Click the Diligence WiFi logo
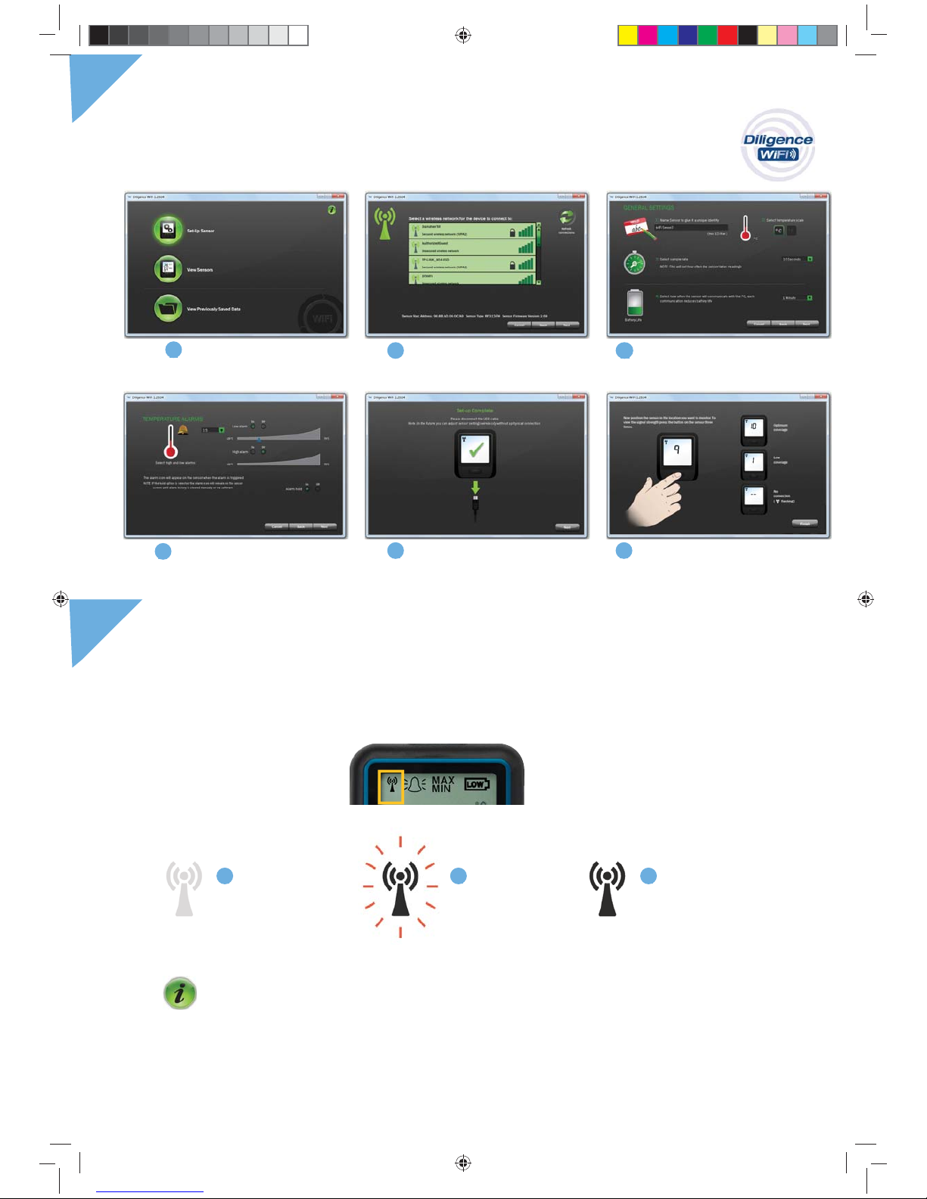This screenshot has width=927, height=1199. (x=777, y=145)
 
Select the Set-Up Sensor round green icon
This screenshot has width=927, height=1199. (x=168, y=230)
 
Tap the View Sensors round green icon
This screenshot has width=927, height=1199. (x=168, y=269)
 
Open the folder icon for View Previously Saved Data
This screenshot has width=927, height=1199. (x=168, y=308)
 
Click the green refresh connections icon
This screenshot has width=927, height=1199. (x=566, y=218)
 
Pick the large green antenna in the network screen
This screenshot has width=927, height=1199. (x=385, y=224)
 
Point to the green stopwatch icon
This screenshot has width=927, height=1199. (x=634, y=263)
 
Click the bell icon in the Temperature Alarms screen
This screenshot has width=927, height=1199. (x=183, y=430)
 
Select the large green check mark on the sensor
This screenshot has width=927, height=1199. (x=475, y=450)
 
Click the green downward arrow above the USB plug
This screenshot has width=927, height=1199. (x=475, y=487)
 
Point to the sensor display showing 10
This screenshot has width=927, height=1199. (x=754, y=427)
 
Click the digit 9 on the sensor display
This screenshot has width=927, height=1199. (x=677, y=451)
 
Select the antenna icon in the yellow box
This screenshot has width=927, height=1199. (x=391, y=785)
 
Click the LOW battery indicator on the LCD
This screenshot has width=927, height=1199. (x=476, y=784)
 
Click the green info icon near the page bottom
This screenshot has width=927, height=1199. (x=180, y=993)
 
